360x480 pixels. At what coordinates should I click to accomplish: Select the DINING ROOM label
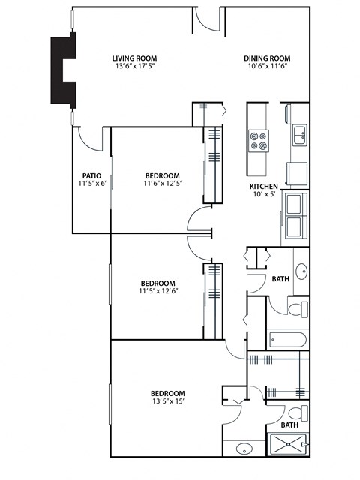266,58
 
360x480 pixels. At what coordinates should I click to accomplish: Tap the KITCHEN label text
264,186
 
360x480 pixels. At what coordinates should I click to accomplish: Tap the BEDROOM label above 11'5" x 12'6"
157,283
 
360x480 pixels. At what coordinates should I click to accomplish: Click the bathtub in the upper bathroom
288,339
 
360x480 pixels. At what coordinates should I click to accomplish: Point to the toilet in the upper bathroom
297,308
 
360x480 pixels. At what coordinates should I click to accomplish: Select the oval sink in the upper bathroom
301,271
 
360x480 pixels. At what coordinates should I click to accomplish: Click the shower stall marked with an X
288,445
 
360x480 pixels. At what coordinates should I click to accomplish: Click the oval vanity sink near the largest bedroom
244,449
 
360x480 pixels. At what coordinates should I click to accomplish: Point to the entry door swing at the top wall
206,21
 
